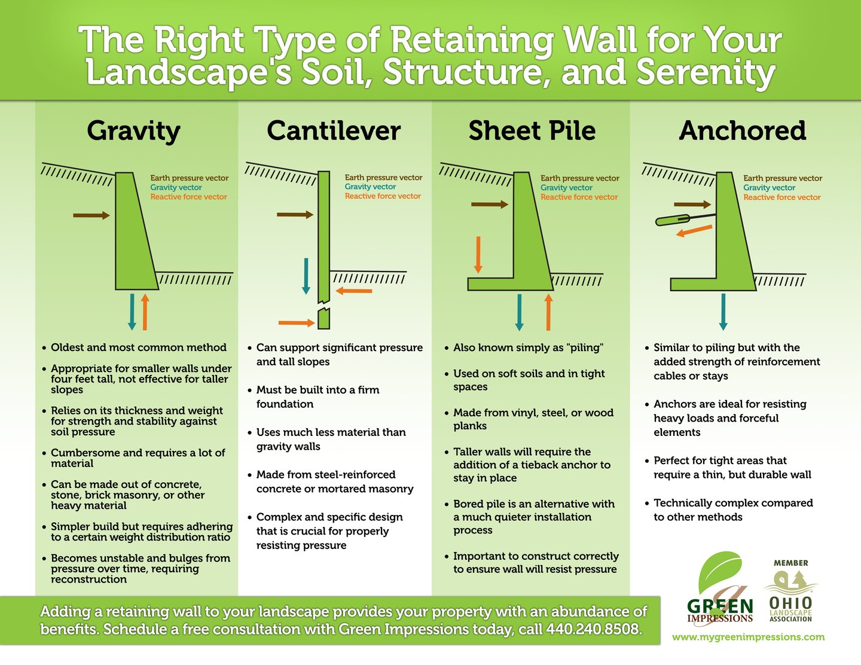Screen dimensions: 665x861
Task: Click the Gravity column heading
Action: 133,131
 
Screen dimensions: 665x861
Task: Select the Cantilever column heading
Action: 334,131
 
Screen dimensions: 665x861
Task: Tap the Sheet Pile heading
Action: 532,131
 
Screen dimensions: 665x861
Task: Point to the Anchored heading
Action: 743,131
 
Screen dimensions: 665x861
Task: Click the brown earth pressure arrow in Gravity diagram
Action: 91,215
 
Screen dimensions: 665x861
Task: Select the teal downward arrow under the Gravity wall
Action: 132,312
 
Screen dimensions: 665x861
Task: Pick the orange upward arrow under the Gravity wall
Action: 145,312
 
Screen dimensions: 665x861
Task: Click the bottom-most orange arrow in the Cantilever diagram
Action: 297,323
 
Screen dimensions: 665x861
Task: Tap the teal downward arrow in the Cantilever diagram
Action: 306,276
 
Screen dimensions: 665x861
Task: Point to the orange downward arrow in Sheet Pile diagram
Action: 478,255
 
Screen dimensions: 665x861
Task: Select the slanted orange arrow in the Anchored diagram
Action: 694,231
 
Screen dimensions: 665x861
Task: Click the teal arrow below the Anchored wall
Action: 723,312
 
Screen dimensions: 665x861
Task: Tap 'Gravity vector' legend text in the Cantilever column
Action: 370,187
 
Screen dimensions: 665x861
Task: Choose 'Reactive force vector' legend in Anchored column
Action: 781,197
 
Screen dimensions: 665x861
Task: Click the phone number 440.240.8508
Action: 593,629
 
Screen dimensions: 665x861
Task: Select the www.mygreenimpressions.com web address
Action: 748,637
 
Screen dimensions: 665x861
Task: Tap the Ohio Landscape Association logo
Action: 790,592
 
